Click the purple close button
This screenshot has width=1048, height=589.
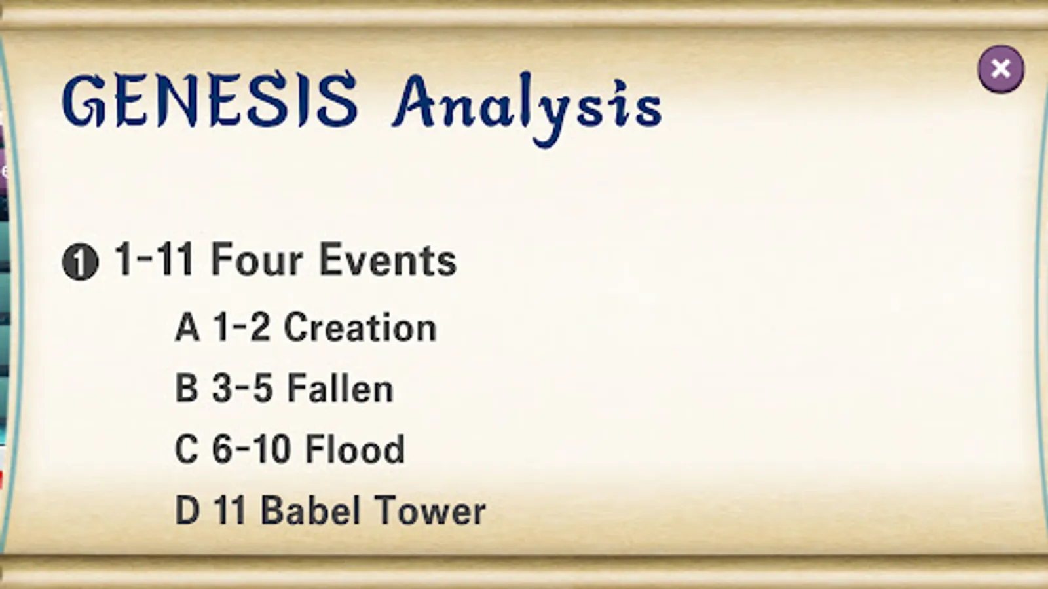[1001, 69]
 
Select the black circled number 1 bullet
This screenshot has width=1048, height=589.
[80, 262]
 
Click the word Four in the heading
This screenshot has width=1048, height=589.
[257, 259]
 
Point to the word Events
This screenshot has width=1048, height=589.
[388, 259]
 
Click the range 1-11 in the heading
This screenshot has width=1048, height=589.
[154, 259]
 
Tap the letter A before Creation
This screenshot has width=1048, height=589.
[187, 327]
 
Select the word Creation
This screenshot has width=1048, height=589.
[360, 327]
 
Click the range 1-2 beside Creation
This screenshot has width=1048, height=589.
[242, 327]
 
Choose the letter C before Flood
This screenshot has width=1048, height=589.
[186, 448]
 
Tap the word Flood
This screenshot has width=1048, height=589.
[354, 448]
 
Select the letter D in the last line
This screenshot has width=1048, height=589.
[187, 510]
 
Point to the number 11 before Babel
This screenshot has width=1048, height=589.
[230, 510]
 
